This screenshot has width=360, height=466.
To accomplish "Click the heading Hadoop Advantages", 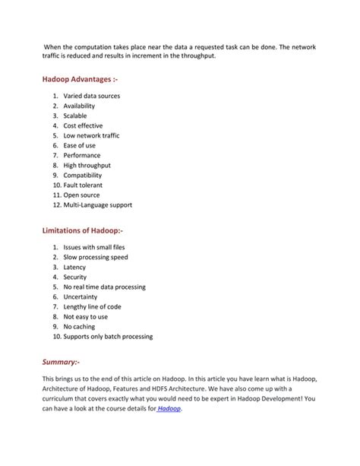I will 80,78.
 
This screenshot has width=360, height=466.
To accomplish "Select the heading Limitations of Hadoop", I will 83,230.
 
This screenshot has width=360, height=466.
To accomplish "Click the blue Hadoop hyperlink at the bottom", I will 169,408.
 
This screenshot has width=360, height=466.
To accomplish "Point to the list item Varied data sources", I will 91,96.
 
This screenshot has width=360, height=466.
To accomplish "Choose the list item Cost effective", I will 83,125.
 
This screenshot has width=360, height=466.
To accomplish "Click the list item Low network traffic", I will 91,135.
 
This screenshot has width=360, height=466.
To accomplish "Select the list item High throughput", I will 87,165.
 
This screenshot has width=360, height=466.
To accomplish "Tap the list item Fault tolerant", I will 83,185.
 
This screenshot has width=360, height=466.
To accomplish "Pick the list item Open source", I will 81,195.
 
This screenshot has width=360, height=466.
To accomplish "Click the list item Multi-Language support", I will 97,204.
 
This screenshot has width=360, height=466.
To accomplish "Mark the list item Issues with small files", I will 95,248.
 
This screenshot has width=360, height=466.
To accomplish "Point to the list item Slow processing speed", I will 96,258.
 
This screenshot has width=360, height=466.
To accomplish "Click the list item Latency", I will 74,268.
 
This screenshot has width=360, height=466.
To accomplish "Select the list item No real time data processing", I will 104,287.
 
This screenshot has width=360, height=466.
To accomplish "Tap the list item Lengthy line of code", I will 92,307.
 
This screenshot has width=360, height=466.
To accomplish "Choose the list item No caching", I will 79,327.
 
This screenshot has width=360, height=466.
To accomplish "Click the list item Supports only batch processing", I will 108,337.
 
